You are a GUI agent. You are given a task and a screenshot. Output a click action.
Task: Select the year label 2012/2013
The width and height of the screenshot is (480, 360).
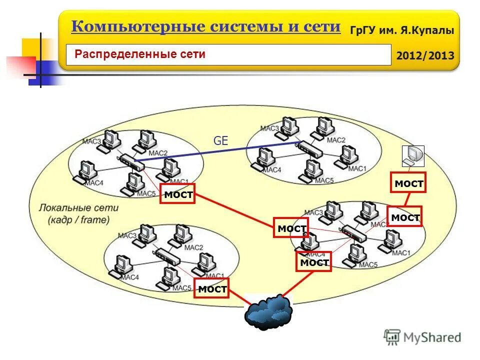pyautogui.click(x=425, y=55)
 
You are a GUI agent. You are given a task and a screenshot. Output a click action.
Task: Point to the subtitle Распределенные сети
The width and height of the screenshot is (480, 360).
pyautogui.click(x=140, y=54)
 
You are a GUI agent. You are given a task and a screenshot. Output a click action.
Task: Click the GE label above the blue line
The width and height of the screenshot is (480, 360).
pyautogui.click(x=220, y=141)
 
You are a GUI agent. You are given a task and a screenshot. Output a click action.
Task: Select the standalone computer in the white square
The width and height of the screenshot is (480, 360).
pyautogui.click(x=413, y=156)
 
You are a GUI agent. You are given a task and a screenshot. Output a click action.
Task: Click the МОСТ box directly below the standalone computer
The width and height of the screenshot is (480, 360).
pyautogui.click(x=408, y=184)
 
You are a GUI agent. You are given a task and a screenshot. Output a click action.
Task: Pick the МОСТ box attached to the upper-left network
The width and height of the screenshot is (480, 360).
pyautogui.click(x=177, y=194)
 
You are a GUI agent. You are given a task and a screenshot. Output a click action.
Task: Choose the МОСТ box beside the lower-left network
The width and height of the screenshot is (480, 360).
pyautogui.click(x=212, y=288)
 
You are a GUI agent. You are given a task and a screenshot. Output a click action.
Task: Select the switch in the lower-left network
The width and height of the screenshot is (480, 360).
pyautogui.click(x=167, y=256)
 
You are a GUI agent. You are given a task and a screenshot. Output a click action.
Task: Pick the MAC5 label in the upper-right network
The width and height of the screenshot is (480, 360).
pyautogui.click(x=324, y=180)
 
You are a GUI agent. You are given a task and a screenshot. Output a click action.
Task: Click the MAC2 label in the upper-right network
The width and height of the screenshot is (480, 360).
pyautogui.click(x=336, y=140)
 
